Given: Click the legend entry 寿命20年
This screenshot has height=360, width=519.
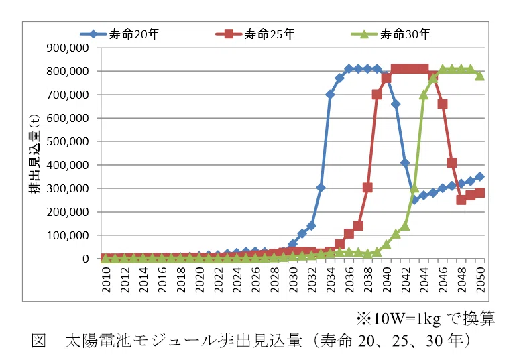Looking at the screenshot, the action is click(119, 34).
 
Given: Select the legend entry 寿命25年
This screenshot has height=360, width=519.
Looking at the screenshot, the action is click(255, 34).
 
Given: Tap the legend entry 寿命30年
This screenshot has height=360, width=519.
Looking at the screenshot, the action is click(390, 34).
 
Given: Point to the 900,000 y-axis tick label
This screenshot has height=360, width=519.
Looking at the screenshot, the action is click(68, 48).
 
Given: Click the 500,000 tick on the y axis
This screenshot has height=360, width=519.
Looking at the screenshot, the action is click(68, 141).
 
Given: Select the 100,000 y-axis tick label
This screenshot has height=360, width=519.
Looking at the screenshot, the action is click(68, 235).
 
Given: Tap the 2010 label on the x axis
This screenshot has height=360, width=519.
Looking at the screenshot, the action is click(106, 280).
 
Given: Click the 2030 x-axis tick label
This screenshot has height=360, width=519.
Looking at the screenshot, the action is click(293, 280).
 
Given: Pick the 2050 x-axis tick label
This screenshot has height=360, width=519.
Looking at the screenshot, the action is click(481, 280).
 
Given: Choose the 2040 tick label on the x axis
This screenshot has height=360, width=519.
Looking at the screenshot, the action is click(387, 280).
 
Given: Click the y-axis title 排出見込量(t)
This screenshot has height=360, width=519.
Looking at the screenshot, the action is click(34, 154).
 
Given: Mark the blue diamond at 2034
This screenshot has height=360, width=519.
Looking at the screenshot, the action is click(330, 95).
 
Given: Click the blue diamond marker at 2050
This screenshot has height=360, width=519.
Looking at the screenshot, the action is click(480, 177).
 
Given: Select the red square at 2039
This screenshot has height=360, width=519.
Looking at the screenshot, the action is click(377, 95).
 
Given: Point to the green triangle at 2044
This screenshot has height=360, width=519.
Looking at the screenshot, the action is click(424, 95).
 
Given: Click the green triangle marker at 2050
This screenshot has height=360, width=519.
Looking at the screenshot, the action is click(480, 76).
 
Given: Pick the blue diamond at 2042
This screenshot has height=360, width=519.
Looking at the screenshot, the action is click(405, 162).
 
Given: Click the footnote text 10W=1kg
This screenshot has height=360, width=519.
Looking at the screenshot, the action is click(406, 318).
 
